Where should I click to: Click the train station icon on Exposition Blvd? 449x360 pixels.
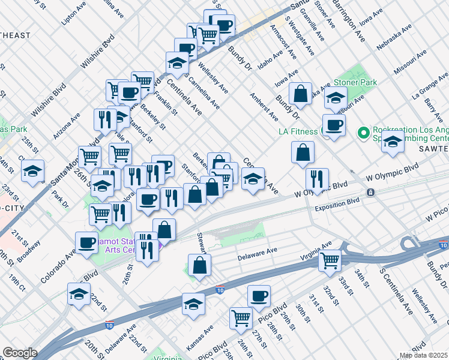click(x=371, y=193)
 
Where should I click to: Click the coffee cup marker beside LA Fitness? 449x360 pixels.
click(x=334, y=125)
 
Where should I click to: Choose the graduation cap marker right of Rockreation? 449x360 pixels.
click(x=393, y=142)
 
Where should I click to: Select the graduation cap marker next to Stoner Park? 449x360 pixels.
click(x=336, y=97)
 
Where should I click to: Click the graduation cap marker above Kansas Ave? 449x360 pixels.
click(x=193, y=304)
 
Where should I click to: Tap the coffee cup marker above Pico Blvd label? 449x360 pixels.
click(x=259, y=296)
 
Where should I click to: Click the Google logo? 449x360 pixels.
click(x=20, y=353)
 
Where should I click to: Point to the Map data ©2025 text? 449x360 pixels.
click(x=423, y=355)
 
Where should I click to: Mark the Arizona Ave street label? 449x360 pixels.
click(x=66, y=125)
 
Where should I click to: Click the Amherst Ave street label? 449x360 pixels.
click(x=264, y=106)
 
